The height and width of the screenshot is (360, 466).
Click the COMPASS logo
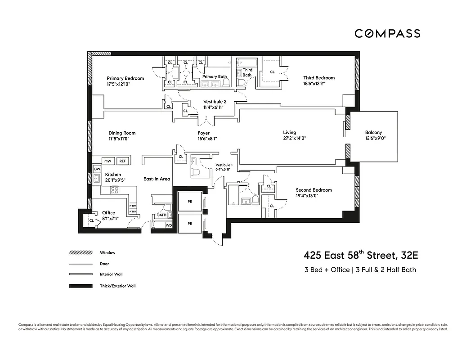tap(387, 33)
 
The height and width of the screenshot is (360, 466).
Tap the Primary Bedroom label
tap(125, 78)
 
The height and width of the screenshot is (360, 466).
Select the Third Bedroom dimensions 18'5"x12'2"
tap(318, 84)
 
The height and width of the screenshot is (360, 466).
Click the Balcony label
tap(373, 133)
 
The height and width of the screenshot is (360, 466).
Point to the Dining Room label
tap(122, 133)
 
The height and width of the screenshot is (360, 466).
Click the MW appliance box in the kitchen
tap(108, 161)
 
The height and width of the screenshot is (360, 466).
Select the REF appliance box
tap(122, 161)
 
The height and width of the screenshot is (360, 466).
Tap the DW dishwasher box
tap(97, 169)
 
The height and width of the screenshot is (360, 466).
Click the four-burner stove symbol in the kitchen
tap(115, 189)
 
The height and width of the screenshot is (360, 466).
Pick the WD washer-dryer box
tap(169, 225)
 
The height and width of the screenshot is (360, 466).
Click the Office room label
tap(108, 213)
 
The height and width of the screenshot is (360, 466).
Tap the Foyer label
tap(204, 133)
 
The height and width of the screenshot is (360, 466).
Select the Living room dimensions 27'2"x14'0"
tap(294, 139)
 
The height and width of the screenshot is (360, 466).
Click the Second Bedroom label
tap(314, 190)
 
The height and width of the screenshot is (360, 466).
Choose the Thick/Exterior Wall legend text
tap(117, 286)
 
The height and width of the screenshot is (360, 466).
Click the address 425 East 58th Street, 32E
tap(361, 256)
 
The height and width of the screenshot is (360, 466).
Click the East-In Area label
tap(157, 179)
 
